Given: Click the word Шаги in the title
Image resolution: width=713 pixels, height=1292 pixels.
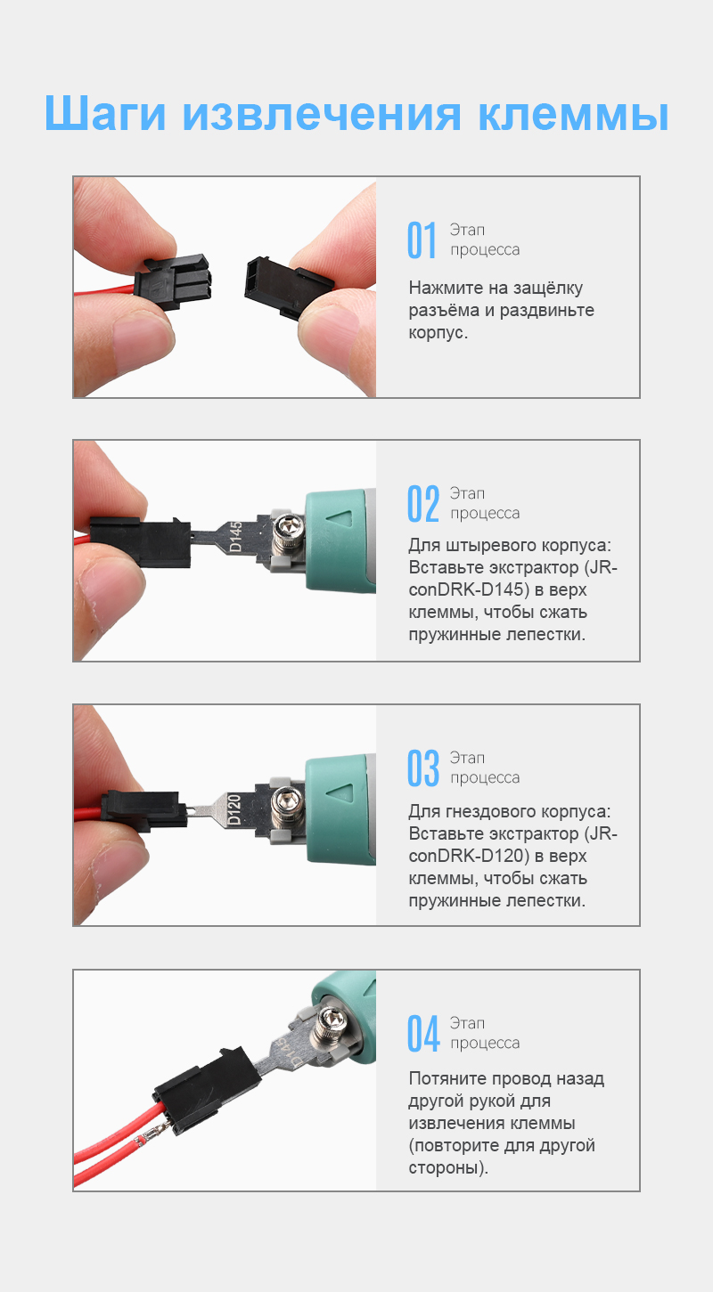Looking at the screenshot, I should point(105,115).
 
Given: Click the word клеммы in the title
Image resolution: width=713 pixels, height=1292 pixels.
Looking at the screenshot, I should point(573,115).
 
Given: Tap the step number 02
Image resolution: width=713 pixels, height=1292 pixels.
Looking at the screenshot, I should point(422,504).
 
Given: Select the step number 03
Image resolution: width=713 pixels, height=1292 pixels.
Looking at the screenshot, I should point(422,768).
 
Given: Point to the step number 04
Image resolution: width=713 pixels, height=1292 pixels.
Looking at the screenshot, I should point(422,1033).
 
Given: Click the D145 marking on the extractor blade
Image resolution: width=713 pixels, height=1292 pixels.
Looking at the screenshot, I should point(236,537).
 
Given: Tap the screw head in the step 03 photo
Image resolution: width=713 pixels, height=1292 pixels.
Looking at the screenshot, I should point(287,797).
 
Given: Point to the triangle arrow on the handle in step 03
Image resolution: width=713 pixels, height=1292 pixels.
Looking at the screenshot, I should point(342,792).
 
